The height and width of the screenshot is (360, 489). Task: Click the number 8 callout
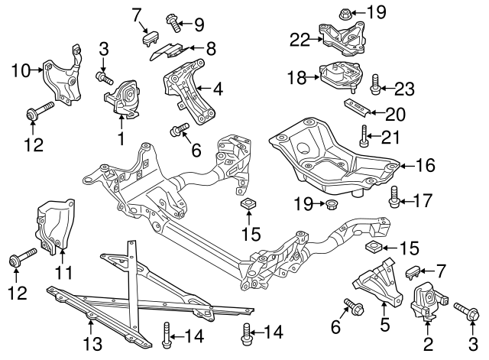[211, 47]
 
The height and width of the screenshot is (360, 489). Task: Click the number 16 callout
[426, 164]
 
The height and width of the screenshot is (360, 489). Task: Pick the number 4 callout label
[218, 90]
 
